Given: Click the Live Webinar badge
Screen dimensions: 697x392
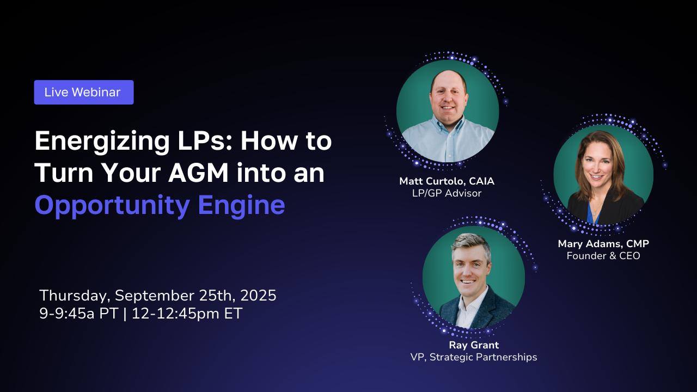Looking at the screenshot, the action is tap(84, 92).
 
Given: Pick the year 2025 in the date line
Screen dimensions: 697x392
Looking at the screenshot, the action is tap(258, 295).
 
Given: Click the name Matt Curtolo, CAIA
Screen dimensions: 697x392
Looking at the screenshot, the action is tap(447, 181).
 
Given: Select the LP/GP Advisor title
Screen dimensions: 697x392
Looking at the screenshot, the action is tap(447, 193).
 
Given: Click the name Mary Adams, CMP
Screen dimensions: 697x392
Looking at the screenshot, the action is tap(603, 243).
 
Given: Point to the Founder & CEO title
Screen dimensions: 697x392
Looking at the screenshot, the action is tap(603, 256).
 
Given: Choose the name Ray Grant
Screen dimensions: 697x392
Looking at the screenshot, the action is tap(474, 345).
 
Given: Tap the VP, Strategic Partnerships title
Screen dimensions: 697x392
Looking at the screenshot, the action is tap(474, 357).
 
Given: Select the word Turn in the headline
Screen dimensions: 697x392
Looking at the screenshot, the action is tap(64, 173).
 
